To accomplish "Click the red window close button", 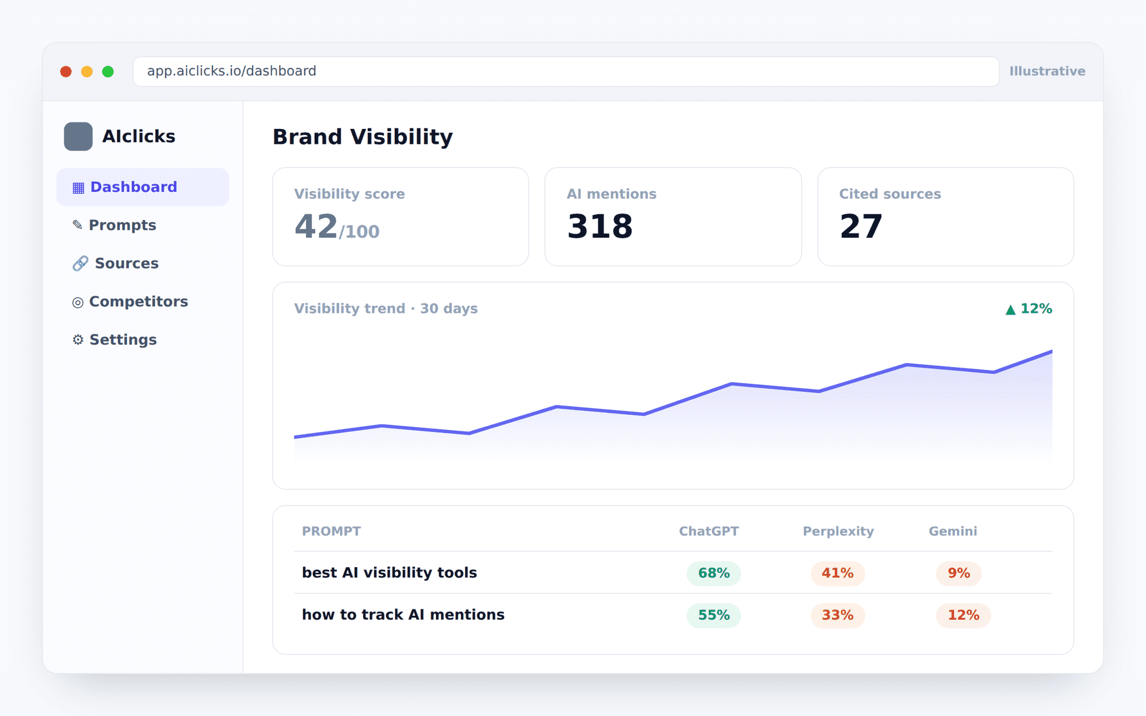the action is coord(66,72).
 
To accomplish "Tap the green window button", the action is coord(108,72).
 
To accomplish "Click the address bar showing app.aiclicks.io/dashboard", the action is coord(566,72).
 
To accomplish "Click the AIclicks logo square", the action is coord(78,136).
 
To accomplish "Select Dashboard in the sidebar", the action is coord(143,187).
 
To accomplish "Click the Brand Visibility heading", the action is coord(363,137).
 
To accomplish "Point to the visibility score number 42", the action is coord(316,226).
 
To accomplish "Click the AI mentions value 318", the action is coord(600,226).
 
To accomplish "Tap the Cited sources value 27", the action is coord(861,226).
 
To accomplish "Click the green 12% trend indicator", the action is coord(1029,309).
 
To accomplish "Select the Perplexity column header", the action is coord(838,531).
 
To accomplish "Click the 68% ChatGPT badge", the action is coord(714,573).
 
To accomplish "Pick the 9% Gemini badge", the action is coord(959,573).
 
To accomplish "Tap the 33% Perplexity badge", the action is coord(838,615).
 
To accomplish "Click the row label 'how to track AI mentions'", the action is coord(403,615).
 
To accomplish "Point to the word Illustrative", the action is coord(1047,71).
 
